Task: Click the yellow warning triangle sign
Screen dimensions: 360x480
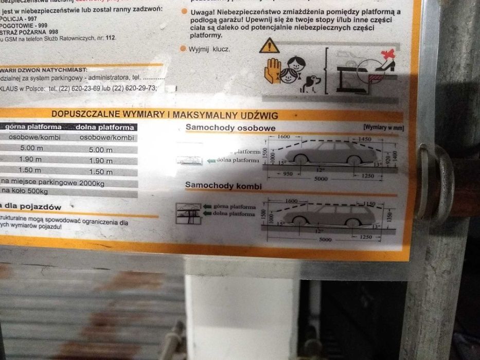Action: tap(270, 46)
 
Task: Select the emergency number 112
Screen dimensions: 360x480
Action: tap(110, 38)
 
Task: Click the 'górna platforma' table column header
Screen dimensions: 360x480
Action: tap(34, 127)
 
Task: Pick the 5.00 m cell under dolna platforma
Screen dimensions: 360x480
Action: tap(100, 150)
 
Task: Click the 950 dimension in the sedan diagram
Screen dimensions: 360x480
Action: tap(288, 174)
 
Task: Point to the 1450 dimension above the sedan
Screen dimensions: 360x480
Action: tap(365, 139)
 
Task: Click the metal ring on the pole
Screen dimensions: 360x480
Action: tap(435, 183)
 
